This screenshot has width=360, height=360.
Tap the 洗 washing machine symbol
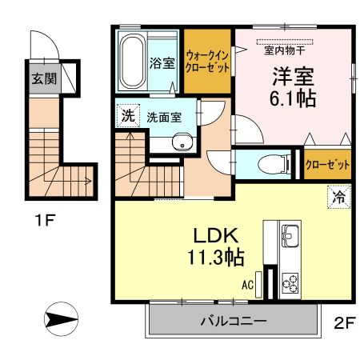click(127, 115)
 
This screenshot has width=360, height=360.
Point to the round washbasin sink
click(182, 145)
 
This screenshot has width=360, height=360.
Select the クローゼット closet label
click(328, 164)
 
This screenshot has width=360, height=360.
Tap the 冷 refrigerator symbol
click(338, 195)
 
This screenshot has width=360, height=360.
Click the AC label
click(249, 284)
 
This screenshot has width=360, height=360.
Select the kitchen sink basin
click(289, 236)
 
